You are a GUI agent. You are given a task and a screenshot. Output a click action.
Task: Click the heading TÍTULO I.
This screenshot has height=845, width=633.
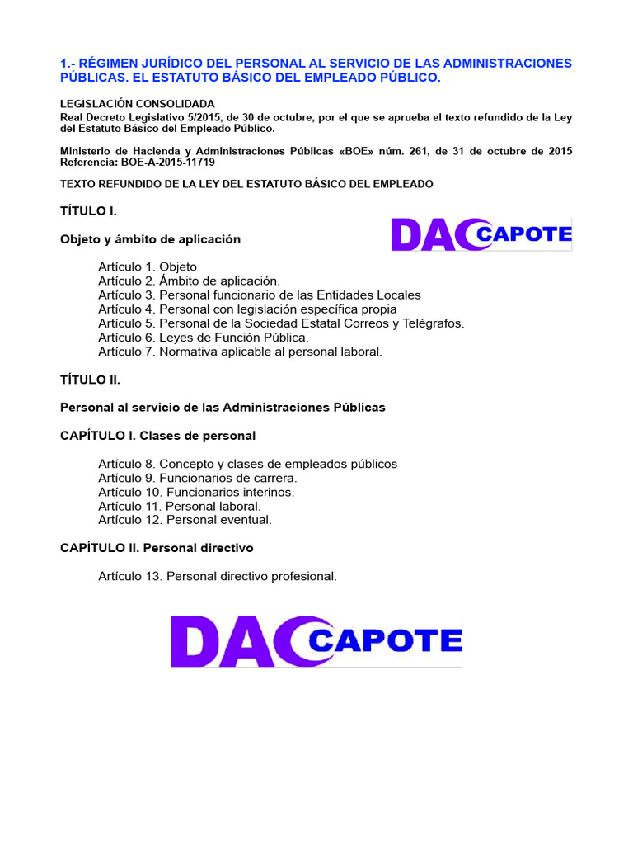tap(88, 211)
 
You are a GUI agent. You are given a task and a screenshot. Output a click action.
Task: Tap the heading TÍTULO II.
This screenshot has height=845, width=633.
tap(91, 380)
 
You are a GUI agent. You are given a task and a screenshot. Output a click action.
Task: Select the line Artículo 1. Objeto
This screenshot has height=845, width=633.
tap(148, 267)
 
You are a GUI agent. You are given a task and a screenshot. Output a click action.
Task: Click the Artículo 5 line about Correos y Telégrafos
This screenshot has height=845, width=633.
tap(281, 323)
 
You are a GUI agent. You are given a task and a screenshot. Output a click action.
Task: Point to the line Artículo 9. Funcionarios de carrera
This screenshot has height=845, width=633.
tap(198, 478)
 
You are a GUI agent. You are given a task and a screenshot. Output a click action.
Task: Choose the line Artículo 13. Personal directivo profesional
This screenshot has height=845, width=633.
tap(218, 576)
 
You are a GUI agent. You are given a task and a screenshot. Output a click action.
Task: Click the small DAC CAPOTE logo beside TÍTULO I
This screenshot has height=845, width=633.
tap(481, 234)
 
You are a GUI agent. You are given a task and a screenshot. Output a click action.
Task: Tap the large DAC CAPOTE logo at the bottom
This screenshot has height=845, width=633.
tap(316, 641)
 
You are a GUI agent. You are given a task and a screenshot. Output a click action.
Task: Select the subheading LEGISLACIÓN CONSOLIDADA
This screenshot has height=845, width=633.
tap(138, 104)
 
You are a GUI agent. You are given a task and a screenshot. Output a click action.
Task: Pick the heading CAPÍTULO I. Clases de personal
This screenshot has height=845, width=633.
tap(158, 435)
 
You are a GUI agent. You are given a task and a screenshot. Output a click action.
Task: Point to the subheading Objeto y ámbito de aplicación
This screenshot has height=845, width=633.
tap(151, 239)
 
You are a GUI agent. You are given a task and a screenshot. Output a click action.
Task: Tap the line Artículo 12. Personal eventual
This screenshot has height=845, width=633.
tap(185, 520)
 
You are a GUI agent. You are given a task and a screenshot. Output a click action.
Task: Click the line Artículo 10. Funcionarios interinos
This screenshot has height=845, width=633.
tap(196, 492)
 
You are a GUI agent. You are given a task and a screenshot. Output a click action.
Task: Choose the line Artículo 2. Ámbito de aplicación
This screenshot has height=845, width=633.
tap(189, 281)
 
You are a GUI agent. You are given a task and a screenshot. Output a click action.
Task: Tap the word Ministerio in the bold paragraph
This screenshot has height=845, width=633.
tap(86, 151)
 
